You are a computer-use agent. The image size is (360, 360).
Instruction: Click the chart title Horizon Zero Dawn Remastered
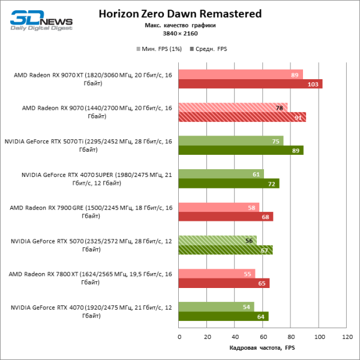[179, 13]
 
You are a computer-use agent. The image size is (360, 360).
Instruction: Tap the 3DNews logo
[41, 19]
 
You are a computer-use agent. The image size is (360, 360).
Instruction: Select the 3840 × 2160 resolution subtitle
[180, 33]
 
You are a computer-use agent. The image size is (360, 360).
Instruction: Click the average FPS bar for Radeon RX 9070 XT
[250, 84]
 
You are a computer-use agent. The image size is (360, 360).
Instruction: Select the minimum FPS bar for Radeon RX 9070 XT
[241, 74]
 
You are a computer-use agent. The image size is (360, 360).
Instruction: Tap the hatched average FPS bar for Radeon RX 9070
[242, 117]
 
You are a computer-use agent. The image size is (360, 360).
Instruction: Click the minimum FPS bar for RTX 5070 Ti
[231, 141]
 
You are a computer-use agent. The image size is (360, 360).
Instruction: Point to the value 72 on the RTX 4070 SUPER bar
[272, 184]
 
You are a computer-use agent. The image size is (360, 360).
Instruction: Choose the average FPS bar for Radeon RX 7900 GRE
[226, 217]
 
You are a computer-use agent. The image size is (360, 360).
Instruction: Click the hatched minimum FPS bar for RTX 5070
[217, 241]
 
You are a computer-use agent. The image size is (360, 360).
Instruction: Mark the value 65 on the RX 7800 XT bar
[262, 283]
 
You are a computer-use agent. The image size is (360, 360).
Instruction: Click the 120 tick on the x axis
[346, 337]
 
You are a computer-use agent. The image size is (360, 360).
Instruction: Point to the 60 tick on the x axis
[263, 337]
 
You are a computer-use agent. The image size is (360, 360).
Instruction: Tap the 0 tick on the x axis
[179, 337]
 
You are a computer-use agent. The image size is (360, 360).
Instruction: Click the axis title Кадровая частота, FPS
[262, 348]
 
